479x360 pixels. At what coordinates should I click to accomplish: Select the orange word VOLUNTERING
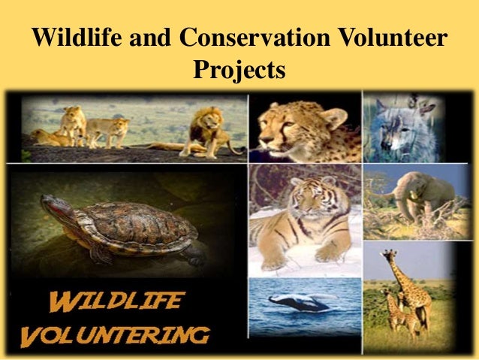116,334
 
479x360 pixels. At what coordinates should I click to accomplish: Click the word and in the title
151,38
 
